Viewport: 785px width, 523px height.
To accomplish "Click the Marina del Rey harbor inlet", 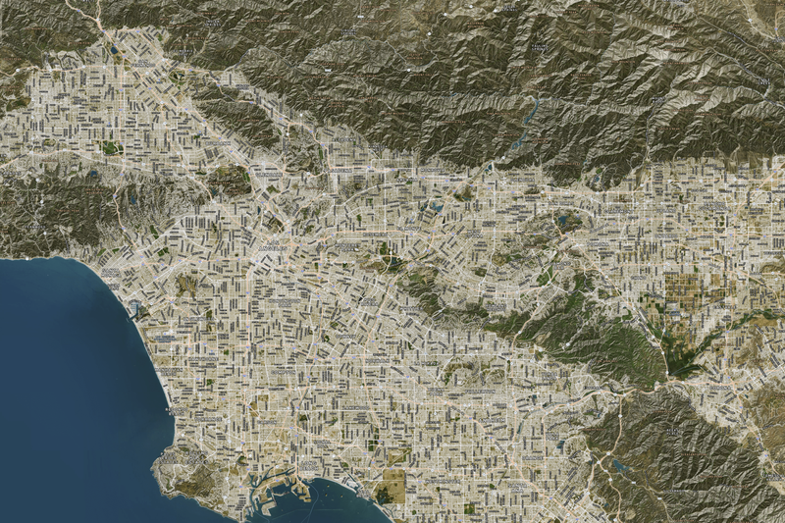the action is pyautogui.click(x=134, y=308).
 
